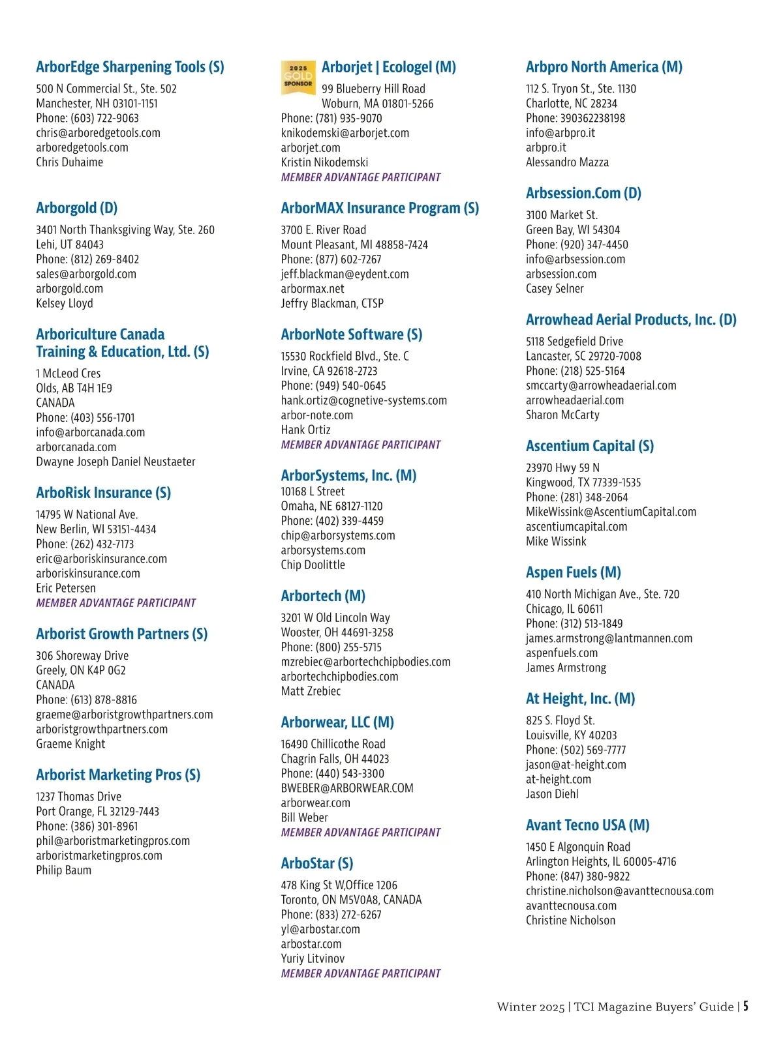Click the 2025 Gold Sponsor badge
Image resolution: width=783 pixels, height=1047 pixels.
(x=298, y=78)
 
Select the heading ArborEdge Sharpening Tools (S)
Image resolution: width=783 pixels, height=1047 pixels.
(x=130, y=67)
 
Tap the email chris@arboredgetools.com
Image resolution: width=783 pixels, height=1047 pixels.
(x=98, y=133)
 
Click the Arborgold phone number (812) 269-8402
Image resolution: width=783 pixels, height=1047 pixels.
(x=87, y=259)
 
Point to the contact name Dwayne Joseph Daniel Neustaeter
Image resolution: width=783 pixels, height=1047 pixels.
(x=115, y=462)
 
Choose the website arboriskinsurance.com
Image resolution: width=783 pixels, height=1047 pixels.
(x=88, y=574)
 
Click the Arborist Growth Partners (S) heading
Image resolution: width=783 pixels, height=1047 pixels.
(x=121, y=634)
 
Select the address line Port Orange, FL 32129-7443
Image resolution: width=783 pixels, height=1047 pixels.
(x=97, y=812)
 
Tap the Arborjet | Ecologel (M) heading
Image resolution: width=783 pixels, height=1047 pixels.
(x=388, y=67)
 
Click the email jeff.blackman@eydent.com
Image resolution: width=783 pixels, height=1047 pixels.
(x=345, y=274)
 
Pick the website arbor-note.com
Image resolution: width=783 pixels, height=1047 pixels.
(x=316, y=415)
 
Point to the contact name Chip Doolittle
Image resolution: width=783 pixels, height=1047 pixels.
(x=313, y=565)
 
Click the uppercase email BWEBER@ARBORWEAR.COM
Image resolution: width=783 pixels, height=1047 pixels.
(x=346, y=788)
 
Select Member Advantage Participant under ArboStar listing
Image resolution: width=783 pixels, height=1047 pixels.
(x=361, y=973)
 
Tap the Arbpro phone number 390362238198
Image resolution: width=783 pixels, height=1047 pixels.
(x=575, y=118)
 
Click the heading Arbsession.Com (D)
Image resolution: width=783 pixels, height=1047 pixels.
(x=583, y=194)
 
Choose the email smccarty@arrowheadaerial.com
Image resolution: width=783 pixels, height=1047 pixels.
(x=601, y=385)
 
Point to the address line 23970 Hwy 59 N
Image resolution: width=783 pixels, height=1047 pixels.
(x=562, y=467)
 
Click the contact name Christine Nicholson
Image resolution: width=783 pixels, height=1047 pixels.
(x=570, y=921)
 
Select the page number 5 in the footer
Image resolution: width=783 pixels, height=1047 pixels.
(x=745, y=1006)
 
